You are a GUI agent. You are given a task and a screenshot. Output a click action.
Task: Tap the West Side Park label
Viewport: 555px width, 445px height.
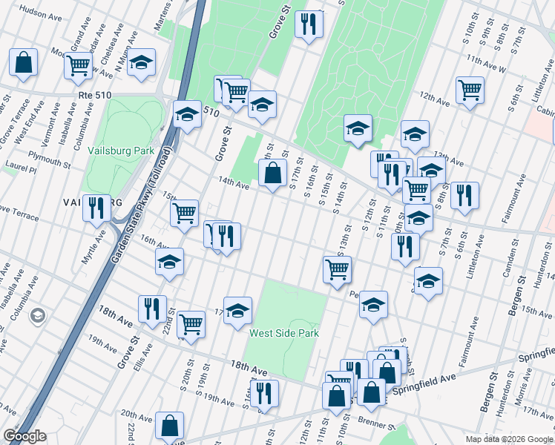coord(284,333)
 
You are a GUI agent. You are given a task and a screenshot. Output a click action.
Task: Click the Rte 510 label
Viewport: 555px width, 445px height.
coord(93,95)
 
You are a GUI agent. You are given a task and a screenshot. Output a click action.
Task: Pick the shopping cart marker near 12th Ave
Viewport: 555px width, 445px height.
coord(470,90)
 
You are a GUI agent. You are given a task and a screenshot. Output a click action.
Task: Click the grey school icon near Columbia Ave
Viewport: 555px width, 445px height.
coord(36,316)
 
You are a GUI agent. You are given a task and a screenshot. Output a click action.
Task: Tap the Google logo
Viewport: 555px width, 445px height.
coord(24,436)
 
